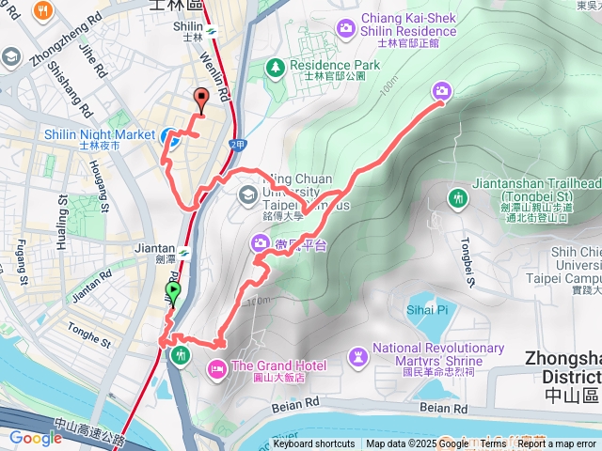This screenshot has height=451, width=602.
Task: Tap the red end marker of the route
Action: pyautogui.click(x=199, y=98)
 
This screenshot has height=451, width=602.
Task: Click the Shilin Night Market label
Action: pyautogui.click(x=99, y=134)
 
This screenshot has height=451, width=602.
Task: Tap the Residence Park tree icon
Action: pyautogui.click(x=275, y=67)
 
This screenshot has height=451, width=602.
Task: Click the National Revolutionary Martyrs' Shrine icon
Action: pyautogui.click(x=358, y=356)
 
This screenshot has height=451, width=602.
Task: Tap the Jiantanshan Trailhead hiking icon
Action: pyautogui.click(x=457, y=198)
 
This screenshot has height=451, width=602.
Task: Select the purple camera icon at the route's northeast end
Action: pyautogui.click(x=441, y=90)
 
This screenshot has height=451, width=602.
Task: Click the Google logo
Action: pyautogui.click(x=35, y=438)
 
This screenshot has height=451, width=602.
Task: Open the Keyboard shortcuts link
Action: pyautogui.click(x=314, y=444)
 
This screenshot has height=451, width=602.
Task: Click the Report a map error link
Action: pyautogui.click(x=556, y=444)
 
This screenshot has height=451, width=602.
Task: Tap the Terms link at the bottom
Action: pyautogui.click(x=493, y=444)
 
